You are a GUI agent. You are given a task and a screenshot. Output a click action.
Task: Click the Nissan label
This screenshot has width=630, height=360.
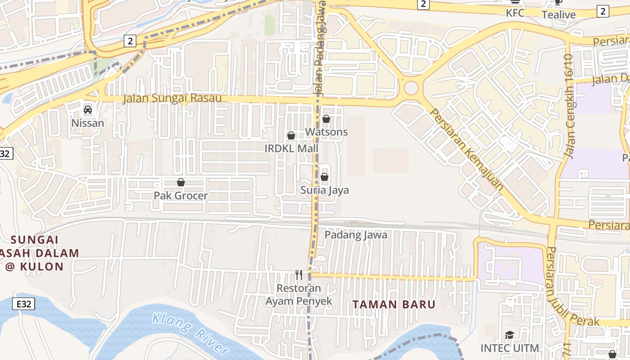[x=88, y=123]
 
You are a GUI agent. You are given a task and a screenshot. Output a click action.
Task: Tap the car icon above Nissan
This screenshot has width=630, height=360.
[x=88, y=109]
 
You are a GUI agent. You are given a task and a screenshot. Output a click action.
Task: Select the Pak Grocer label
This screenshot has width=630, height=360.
[x=181, y=196]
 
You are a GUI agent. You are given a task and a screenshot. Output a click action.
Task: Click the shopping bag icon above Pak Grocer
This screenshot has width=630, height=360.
[x=181, y=182]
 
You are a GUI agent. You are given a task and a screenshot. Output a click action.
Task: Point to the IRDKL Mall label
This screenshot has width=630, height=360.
[x=291, y=148]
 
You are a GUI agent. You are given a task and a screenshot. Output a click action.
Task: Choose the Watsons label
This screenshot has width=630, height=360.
[x=326, y=132]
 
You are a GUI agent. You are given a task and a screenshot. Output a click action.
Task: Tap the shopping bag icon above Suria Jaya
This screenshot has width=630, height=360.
[x=324, y=177]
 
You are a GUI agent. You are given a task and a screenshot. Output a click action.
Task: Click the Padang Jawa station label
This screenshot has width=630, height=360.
[x=356, y=235]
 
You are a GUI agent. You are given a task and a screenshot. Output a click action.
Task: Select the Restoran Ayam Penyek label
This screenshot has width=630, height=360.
[x=299, y=295]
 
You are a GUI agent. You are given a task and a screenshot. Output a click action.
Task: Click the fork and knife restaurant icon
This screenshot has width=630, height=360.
[x=299, y=274]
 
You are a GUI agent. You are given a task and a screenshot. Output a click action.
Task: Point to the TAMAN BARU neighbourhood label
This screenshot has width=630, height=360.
[x=394, y=305]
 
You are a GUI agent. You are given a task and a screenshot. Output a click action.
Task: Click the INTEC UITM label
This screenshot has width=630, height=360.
[x=509, y=348]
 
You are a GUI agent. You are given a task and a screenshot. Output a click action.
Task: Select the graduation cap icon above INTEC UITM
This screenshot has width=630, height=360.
[x=509, y=335]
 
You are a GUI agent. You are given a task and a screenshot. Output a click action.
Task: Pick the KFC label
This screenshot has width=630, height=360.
[x=515, y=13]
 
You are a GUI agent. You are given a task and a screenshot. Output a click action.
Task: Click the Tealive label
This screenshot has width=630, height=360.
[x=558, y=15]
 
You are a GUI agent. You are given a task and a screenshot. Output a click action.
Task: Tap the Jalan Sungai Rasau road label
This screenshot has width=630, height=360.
[x=172, y=98]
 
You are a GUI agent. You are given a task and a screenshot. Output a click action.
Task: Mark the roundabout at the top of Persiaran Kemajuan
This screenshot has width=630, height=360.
[x=411, y=88]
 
